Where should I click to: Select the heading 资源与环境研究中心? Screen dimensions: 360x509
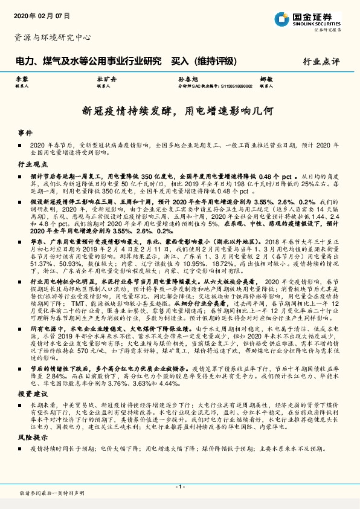click(x=52, y=37)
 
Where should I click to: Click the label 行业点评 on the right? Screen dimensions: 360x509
click(x=321, y=60)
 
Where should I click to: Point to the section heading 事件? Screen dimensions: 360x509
click(x=25, y=132)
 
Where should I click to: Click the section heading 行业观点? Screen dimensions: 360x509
click(x=33, y=164)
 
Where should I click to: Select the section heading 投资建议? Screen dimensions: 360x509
click(x=33, y=393)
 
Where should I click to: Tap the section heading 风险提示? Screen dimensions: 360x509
click(x=33, y=438)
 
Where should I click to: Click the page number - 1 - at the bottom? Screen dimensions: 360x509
click(x=179, y=486)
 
